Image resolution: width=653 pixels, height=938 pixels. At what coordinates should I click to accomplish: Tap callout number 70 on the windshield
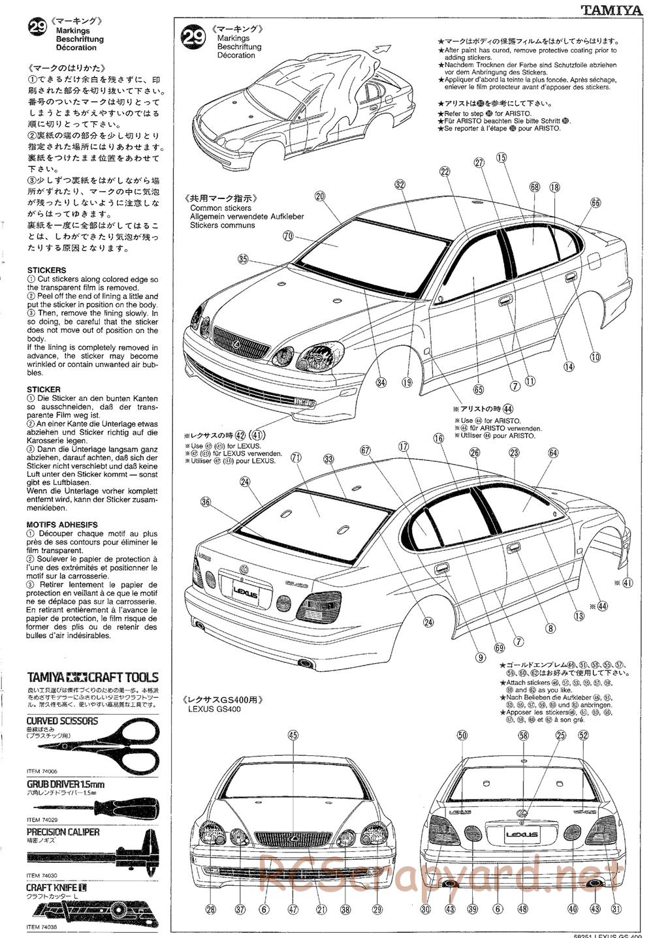point(288,236)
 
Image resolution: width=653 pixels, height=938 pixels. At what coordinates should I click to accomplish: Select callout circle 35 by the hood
point(243,259)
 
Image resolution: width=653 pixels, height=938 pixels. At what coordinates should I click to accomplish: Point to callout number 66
point(595,203)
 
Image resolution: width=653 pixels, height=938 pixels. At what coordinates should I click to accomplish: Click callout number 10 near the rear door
point(595,356)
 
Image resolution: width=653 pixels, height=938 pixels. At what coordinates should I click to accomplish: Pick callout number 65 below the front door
point(478,390)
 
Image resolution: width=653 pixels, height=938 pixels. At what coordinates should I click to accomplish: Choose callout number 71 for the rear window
point(296,458)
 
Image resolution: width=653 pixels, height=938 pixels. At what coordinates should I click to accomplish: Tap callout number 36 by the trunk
point(206,502)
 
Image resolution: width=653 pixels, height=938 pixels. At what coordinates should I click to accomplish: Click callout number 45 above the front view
point(293,735)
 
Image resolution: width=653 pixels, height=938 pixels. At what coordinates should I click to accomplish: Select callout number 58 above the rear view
point(523,735)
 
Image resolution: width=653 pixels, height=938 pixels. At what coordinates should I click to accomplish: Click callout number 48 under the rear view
point(522,909)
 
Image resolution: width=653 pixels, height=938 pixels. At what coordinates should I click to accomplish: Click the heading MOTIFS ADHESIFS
point(62,524)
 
